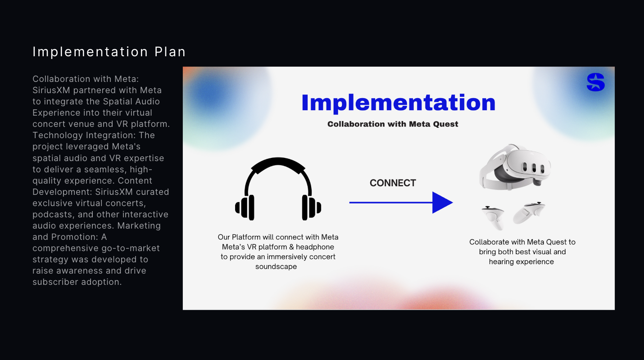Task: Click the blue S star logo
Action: click(595, 82)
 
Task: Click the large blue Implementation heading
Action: click(399, 103)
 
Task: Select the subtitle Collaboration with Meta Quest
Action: click(393, 124)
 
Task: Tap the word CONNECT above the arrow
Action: click(393, 183)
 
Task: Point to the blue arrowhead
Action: click(441, 202)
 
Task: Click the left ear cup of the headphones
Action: click(246, 207)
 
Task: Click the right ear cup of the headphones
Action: click(310, 207)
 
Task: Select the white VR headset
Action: click(515, 167)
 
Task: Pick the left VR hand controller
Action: click(493, 217)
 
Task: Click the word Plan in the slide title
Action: click(170, 52)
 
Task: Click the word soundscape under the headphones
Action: click(276, 266)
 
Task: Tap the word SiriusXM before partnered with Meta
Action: click(51, 90)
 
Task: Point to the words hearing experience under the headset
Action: click(521, 262)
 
